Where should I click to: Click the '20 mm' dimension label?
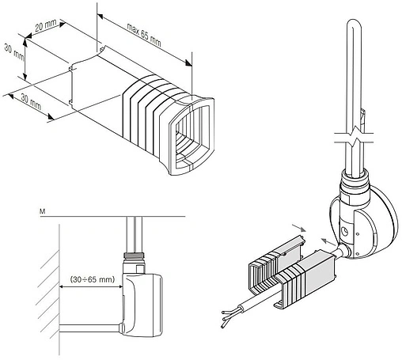[46, 25]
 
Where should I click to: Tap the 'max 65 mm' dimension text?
[144, 35]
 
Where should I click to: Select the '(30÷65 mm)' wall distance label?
[93, 279]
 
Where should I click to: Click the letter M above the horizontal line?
[42, 211]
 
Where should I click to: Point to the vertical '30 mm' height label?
[13, 51]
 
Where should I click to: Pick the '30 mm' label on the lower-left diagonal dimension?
[31, 102]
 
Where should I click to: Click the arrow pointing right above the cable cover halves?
[299, 228]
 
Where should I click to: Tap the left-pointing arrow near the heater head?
[328, 241]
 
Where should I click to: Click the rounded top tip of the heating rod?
[353, 21]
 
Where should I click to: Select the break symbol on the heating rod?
[354, 137]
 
